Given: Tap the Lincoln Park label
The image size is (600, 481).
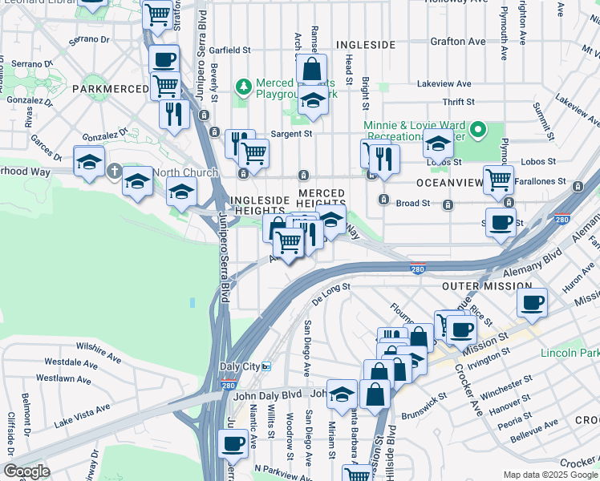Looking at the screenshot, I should pyautogui.click(x=570, y=354).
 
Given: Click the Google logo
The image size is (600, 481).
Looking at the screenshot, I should pyautogui.click(x=26, y=471).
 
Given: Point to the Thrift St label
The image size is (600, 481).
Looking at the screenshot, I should pyautogui.click(x=459, y=102).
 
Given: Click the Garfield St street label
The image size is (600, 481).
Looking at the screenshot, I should pyautogui.click(x=229, y=50).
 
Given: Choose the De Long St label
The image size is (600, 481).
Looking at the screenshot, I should pyautogui.click(x=331, y=289).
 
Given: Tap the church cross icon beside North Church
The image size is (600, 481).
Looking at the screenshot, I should pyautogui.click(x=115, y=171).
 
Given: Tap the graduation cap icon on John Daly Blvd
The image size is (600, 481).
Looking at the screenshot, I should pyautogui.click(x=343, y=394).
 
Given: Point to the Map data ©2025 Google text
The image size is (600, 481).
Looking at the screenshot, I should pyautogui.click(x=550, y=475).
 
